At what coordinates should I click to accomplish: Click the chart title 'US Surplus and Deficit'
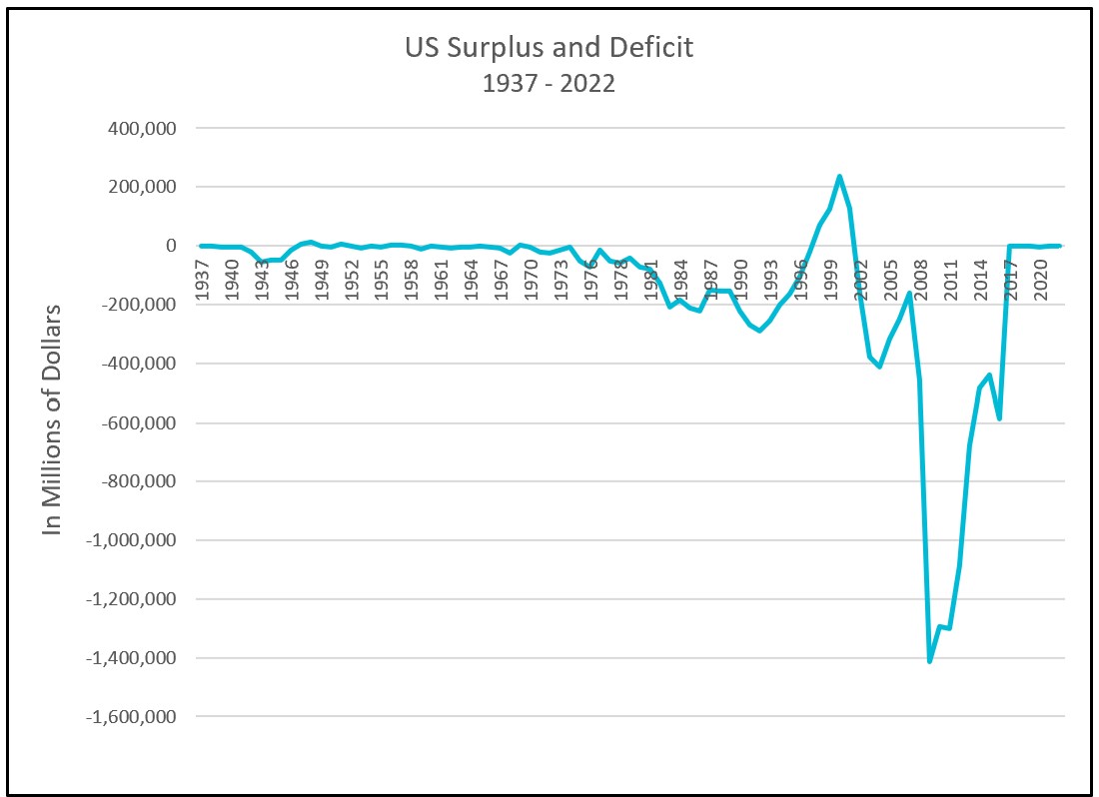click(549, 48)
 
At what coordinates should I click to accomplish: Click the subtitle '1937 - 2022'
click(549, 83)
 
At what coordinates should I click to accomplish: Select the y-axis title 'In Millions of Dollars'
click(52, 418)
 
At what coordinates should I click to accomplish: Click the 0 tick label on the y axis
click(172, 246)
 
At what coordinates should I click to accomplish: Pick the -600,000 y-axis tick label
click(145, 422)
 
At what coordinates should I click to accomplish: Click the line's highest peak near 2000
click(839, 177)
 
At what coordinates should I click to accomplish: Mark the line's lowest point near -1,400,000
click(929, 661)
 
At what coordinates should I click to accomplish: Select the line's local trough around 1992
click(759, 331)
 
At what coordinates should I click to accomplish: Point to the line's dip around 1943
click(262, 262)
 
